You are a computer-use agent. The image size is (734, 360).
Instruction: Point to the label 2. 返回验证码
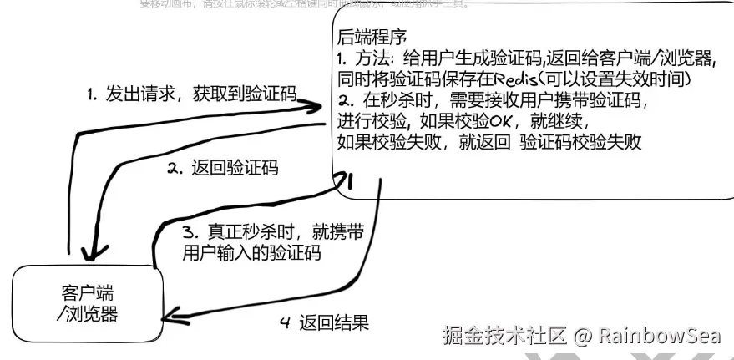click(x=222, y=169)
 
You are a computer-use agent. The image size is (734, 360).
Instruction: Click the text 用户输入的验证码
click(x=251, y=253)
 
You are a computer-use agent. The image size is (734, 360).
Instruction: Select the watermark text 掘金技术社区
click(x=505, y=336)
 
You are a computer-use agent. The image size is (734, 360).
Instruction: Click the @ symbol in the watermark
click(x=584, y=336)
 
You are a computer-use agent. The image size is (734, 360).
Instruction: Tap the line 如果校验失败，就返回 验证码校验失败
click(x=488, y=142)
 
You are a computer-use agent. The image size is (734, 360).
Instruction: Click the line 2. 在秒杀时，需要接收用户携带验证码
click(x=492, y=100)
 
